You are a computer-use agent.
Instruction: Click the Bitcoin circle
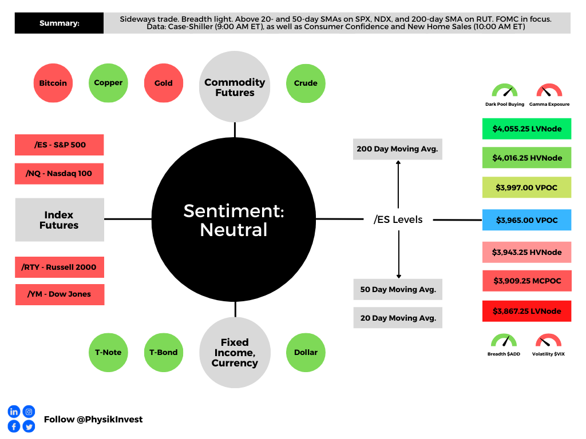point(53,83)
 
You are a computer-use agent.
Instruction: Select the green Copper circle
point(108,83)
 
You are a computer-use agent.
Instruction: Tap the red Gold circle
point(164,83)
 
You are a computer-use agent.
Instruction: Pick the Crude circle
point(306,83)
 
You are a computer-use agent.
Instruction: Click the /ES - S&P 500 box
point(59,145)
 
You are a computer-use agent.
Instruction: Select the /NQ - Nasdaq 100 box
point(59,173)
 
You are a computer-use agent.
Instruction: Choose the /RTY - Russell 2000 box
point(59,267)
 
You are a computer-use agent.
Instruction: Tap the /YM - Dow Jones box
point(60,294)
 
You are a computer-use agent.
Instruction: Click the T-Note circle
point(108,352)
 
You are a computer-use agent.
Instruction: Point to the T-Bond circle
point(164,352)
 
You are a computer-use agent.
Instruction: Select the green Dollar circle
point(306,352)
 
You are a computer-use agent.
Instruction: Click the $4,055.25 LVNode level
point(526,129)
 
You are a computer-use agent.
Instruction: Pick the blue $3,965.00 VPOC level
point(526,219)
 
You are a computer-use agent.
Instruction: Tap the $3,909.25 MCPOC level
point(526,281)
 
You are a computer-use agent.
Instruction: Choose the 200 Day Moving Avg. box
point(398,149)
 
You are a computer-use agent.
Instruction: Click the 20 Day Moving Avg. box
point(398,318)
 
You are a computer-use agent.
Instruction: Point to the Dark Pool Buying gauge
point(504,91)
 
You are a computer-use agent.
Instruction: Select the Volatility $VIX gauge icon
point(548,342)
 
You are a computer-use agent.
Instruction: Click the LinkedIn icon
point(14,412)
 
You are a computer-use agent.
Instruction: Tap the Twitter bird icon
point(29,426)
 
